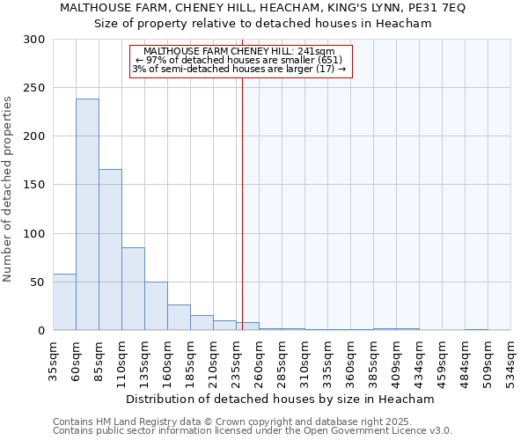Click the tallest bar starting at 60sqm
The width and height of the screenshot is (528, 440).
(87, 215)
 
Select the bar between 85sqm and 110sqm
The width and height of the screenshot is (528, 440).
(110, 250)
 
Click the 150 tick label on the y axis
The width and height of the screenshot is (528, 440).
(34, 185)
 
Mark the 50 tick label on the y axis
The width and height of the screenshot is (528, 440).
(38, 282)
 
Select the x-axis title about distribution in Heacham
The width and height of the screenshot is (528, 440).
(279, 399)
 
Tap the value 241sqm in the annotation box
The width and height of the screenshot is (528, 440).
(318, 51)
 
